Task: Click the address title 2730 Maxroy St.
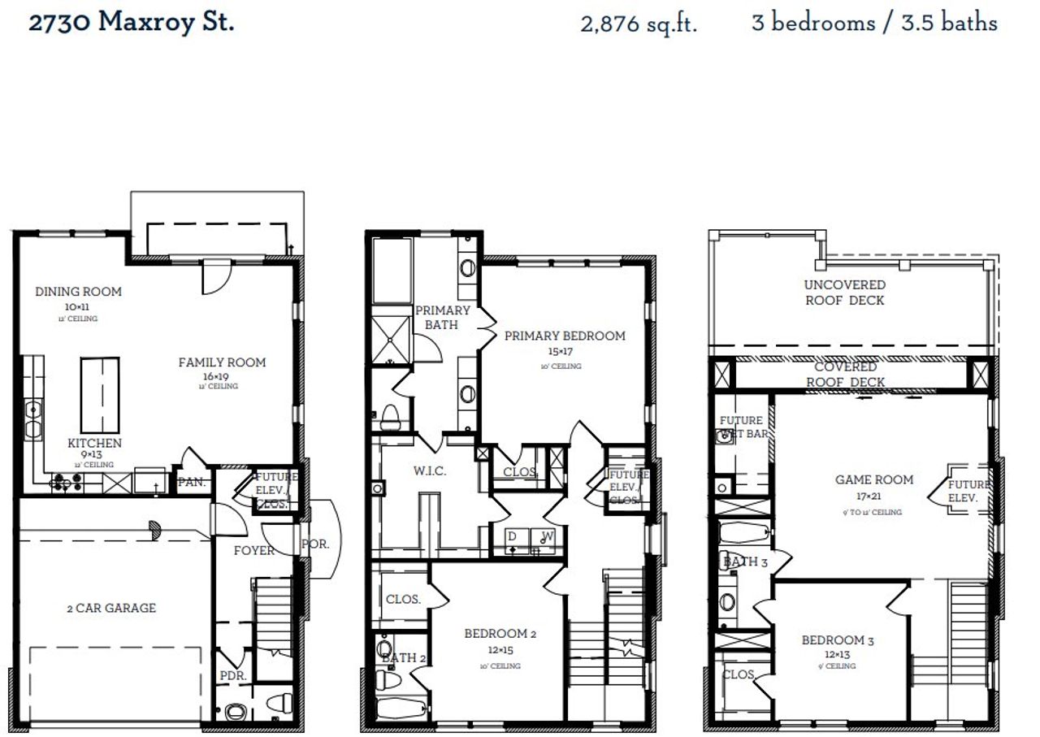[132, 22]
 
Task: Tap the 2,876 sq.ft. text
[639, 24]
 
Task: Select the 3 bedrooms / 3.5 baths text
[874, 22]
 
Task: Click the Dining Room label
[78, 292]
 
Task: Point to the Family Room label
[222, 362]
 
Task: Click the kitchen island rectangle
[99, 397]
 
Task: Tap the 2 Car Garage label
[111, 608]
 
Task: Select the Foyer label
[254, 551]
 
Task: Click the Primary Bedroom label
[565, 336]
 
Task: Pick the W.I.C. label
[430, 471]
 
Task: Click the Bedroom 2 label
[500, 634]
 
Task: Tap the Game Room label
[874, 479]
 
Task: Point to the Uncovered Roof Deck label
[845, 293]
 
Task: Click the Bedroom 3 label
[838, 640]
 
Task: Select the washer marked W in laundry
[546, 537]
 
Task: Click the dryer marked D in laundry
[512, 537]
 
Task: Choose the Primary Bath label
[443, 317]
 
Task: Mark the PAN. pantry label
[192, 482]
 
